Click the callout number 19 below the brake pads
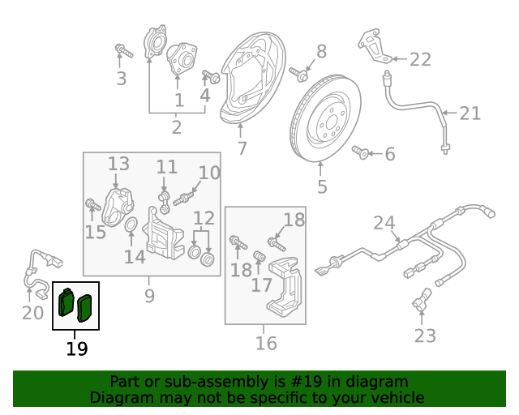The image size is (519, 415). pos(76,349)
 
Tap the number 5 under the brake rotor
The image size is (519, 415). pos(322,187)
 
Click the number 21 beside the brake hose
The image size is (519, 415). pos(470,113)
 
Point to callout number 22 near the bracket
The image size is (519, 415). pos(420,59)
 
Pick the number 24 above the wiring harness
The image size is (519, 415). pos(384,223)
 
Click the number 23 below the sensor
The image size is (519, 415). pos(425,335)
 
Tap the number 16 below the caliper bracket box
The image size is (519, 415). pos(266,343)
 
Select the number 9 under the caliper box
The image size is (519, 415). pos(149,296)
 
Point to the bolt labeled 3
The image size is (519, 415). pos(122,53)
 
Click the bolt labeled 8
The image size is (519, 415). pos(299,75)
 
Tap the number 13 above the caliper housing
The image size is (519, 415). pos(119,164)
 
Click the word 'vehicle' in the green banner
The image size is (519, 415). pos(393,397)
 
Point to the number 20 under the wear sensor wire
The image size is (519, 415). pos(32,311)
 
